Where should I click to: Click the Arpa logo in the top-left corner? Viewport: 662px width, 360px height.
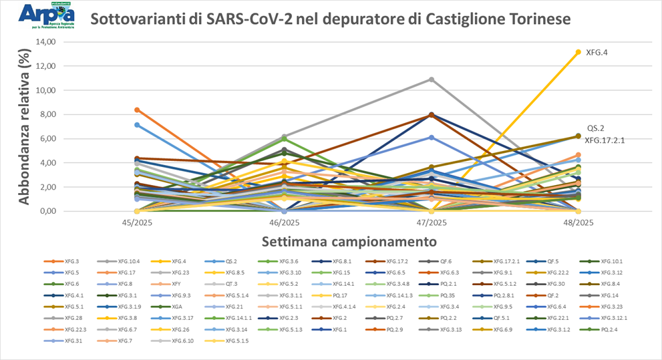[46, 15]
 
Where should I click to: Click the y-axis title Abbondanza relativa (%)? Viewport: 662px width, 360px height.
[25, 127]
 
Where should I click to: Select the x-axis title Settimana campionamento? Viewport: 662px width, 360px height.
[351, 240]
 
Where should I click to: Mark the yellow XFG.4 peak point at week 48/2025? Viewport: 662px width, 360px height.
[578, 51]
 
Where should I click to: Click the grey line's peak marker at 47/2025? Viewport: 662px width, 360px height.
[432, 79]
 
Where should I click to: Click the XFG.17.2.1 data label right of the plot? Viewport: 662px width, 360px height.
[605, 140]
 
